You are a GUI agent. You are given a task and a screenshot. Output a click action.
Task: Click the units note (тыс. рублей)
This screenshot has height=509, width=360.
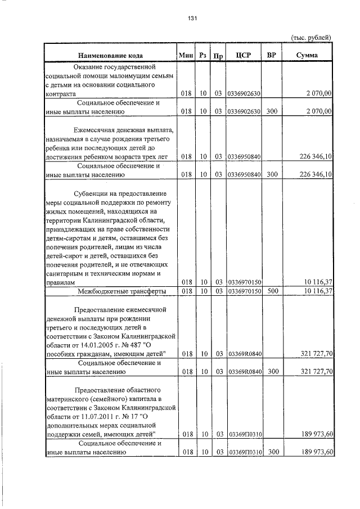coord(311,37)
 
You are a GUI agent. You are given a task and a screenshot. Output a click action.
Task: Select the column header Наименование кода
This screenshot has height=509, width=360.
coord(110,55)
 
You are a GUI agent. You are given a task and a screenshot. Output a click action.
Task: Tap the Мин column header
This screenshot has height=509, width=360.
coord(185,55)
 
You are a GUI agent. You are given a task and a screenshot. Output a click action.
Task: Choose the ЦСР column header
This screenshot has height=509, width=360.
coord(244,55)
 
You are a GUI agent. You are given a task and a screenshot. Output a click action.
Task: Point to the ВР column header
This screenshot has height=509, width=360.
coord(272,55)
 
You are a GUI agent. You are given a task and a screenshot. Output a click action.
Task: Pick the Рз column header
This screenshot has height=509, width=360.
coord(203,55)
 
